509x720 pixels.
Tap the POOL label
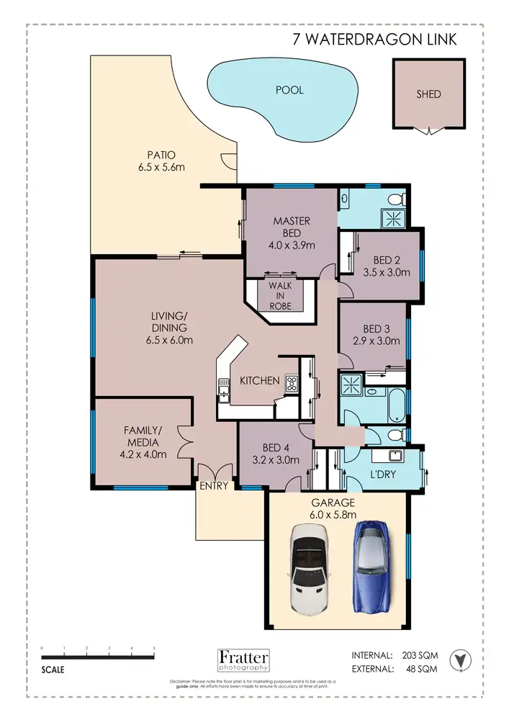point(289,90)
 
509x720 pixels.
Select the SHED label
point(428,94)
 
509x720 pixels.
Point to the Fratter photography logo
point(243,660)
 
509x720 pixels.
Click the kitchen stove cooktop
point(292,384)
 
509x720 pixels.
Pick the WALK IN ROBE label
point(280,296)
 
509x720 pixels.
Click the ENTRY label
point(214,486)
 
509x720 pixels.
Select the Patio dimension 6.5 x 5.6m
point(161,167)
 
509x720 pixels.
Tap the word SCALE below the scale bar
point(53,669)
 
